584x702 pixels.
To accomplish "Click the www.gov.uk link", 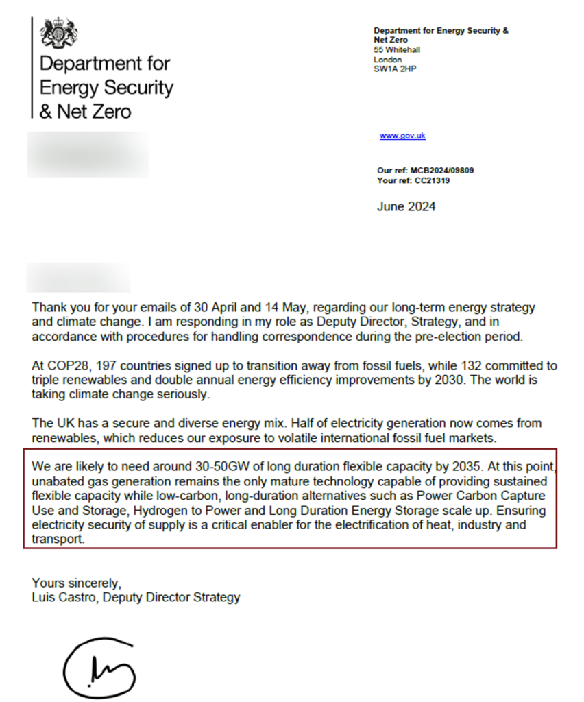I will pyautogui.click(x=402, y=136).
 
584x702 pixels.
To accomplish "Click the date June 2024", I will pyautogui.click(x=406, y=206).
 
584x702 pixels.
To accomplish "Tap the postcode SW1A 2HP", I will pyautogui.click(x=391, y=69).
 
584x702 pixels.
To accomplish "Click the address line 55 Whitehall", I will pyautogui.click(x=397, y=50).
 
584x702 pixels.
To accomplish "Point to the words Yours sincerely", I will pyautogui.click(x=76, y=583).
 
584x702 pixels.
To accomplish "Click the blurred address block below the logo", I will pyautogui.click(x=88, y=154).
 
